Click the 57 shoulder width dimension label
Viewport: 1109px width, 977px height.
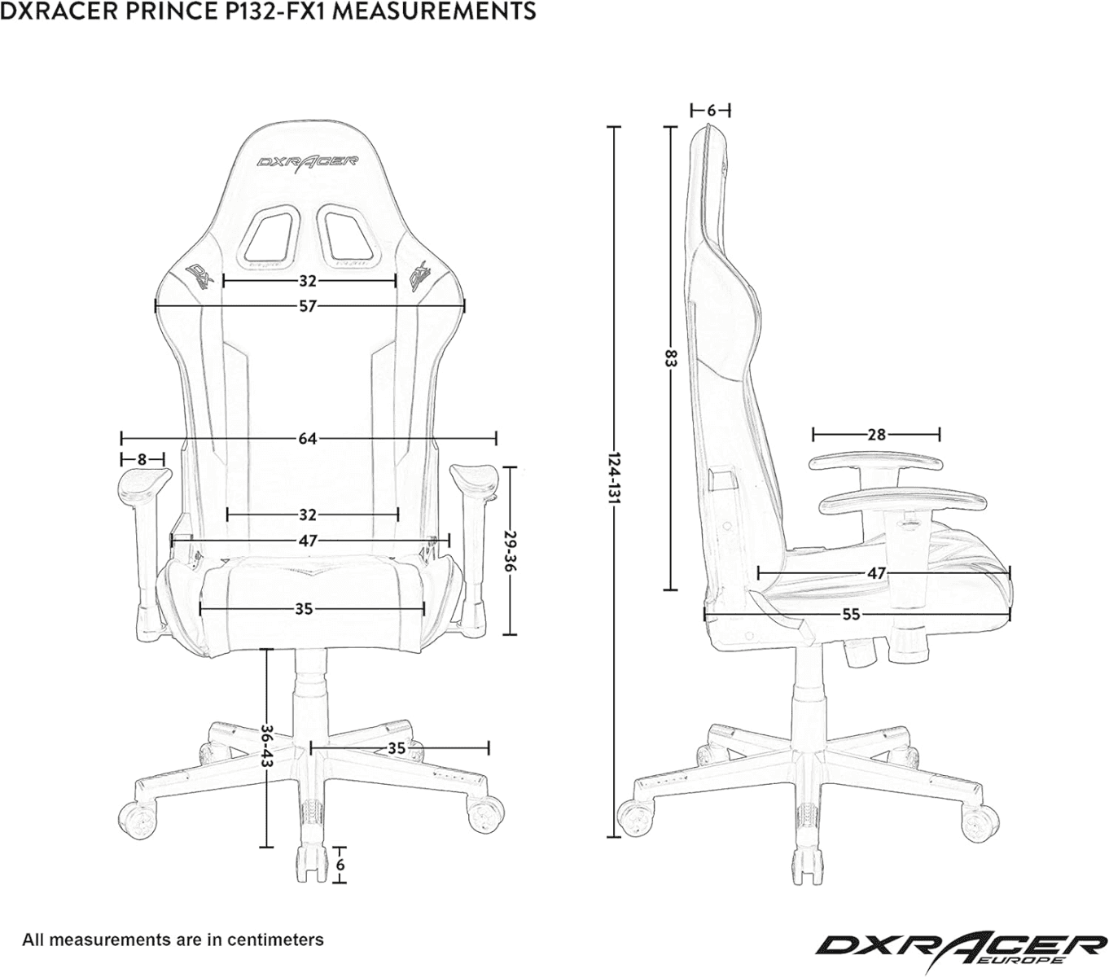[x=307, y=306]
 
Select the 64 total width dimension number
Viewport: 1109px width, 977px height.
[x=307, y=439]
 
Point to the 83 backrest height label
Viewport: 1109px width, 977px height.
[x=670, y=358]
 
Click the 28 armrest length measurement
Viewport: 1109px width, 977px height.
[x=876, y=435]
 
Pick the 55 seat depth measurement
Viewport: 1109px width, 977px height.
[x=851, y=615]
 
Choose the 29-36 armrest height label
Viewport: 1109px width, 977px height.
[x=510, y=550]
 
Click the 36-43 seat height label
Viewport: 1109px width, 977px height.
[x=267, y=747]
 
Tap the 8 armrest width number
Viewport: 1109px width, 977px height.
[x=142, y=459]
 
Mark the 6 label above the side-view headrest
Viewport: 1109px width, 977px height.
[x=711, y=110]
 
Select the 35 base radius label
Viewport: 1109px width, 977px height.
[x=396, y=747]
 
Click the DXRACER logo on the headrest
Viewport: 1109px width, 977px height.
[x=307, y=161]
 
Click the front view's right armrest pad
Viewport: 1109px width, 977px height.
[x=471, y=473]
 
